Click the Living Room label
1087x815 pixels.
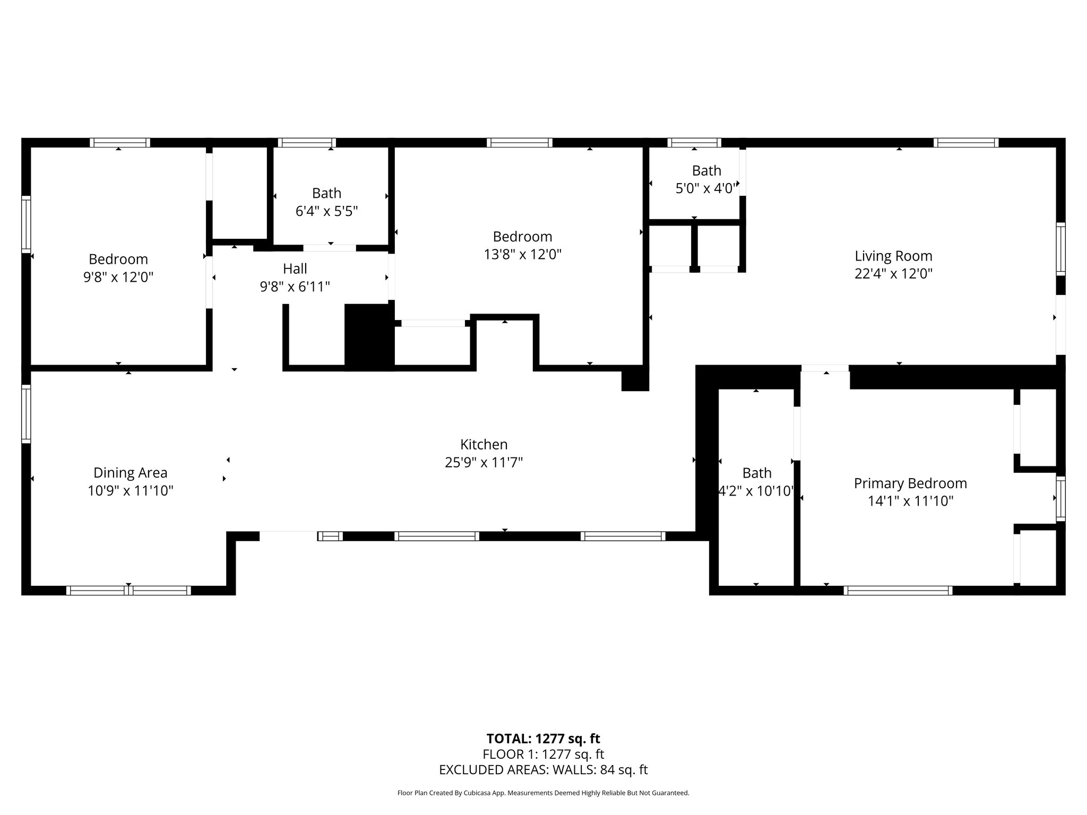coord(893,256)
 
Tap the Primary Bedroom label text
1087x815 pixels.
coord(910,483)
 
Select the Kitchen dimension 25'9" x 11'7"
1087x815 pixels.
coord(484,463)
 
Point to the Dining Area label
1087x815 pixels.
coord(131,473)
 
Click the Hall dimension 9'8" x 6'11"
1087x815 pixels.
coord(295,287)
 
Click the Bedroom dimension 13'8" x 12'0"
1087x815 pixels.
coord(522,255)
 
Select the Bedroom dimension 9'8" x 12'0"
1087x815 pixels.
coord(118,278)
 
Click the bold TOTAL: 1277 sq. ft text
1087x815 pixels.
coord(543,739)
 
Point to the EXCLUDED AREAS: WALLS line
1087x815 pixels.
coord(543,770)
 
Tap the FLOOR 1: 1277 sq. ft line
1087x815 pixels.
coord(543,754)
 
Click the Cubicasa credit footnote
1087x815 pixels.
coord(543,793)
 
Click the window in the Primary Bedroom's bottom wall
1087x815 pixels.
coord(898,591)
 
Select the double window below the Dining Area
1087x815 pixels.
coord(128,591)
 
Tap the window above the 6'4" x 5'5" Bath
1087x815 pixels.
coord(306,142)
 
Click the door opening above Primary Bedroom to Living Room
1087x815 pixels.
coord(825,368)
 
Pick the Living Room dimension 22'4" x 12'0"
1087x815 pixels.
coord(893,274)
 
